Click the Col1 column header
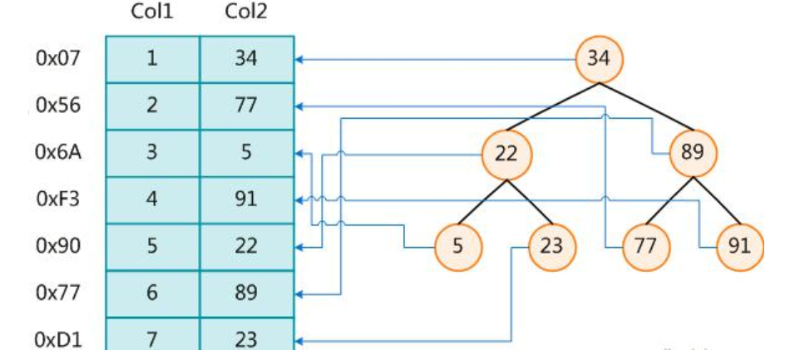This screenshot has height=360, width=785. [151, 13]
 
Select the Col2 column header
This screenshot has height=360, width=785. [246, 13]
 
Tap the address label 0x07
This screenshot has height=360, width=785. [57, 59]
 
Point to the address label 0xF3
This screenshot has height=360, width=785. [57, 200]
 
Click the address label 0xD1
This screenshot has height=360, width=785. [57, 340]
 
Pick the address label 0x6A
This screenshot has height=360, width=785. [57, 153]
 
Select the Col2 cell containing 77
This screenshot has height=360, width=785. [246, 106]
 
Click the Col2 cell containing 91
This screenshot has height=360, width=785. [246, 200]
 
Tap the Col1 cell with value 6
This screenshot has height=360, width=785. [152, 293]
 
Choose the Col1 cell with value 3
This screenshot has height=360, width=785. [152, 153]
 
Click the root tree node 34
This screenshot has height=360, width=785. [599, 59]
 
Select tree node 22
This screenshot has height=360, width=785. [506, 153]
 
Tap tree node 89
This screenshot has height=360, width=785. [693, 153]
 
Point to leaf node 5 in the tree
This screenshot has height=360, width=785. [458, 246]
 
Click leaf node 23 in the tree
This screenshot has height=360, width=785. [551, 246]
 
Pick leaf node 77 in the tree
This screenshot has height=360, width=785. [646, 246]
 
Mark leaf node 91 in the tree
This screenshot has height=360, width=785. [739, 246]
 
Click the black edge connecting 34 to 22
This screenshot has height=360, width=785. [552, 106]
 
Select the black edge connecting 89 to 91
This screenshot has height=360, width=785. [716, 200]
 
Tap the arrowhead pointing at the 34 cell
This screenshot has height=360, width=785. [300, 60]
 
